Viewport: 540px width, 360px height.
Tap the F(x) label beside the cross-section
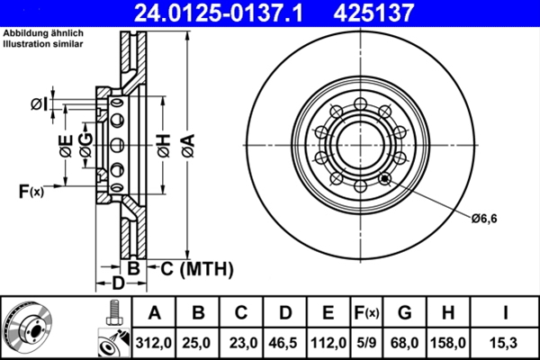[x=30, y=190]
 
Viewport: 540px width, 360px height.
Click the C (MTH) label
[x=196, y=268]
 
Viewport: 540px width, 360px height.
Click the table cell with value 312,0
[x=154, y=342]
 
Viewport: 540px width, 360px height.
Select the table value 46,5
[x=284, y=342]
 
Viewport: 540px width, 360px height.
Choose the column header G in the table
[x=404, y=313]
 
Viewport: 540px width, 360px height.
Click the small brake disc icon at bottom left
[x=29, y=327]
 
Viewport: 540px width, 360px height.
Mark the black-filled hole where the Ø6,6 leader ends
[x=385, y=178]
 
